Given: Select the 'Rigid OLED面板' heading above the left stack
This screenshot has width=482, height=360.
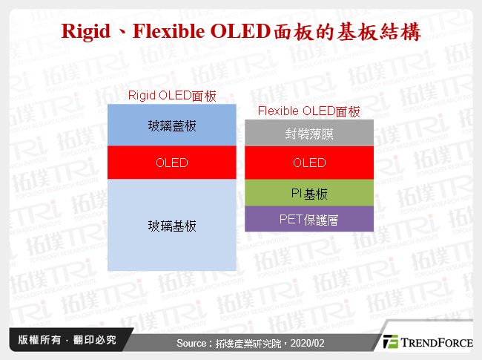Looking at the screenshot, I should click(x=172, y=95).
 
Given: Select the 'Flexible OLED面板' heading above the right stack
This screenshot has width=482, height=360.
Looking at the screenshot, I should click(x=308, y=111).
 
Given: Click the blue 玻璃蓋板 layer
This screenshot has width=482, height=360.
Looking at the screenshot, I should click(x=172, y=125).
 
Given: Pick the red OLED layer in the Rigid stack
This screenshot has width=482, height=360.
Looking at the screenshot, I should click(x=172, y=163).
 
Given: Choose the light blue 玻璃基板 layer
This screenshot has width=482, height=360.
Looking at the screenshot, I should click(x=172, y=226).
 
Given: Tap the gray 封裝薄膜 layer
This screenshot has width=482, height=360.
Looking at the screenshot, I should click(x=309, y=134).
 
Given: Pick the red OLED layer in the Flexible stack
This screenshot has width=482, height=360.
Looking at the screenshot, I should click(x=309, y=163).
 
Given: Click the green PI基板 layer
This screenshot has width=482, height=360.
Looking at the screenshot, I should click(x=309, y=194).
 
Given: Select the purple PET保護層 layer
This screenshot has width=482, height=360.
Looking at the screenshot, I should click(x=309, y=220).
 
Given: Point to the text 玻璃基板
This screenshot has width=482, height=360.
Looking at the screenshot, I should click(x=172, y=226).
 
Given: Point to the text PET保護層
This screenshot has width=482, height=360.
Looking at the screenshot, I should click(x=309, y=220).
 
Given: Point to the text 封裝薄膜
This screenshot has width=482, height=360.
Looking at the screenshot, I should click(x=309, y=134).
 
